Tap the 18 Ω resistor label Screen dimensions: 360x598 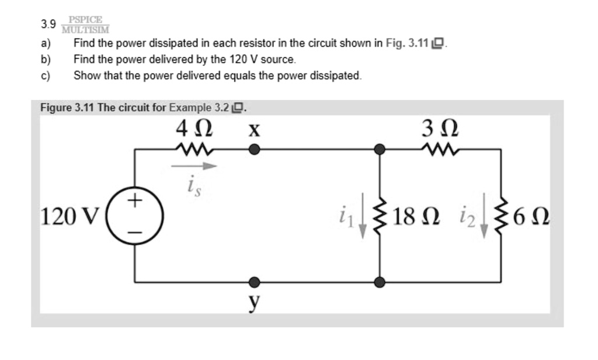point(417,217)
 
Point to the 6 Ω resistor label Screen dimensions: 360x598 point(530,217)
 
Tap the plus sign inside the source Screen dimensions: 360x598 point(135,202)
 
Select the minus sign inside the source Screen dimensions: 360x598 point(135,231)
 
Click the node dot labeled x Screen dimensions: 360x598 point(253,150)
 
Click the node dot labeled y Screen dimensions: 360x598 point(253,283)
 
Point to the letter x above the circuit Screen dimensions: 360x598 point(253,130)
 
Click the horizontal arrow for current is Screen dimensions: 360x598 point(194,167)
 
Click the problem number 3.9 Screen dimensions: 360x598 point(48,25)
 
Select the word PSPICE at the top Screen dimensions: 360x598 point(86,19)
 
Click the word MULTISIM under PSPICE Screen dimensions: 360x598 point(86,29)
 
